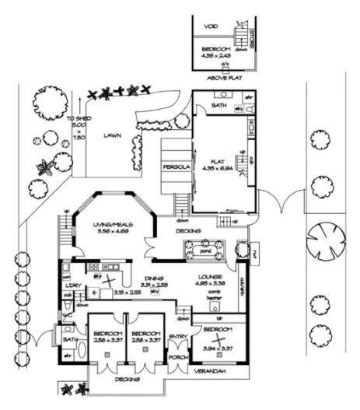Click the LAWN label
pyautogui.click(x=112, y=135)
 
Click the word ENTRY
pyautogui.click(x=178, y=336)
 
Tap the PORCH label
pyautogui.click(x=178, y=358)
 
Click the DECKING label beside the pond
pyautogui.click(x=189, y=231)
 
